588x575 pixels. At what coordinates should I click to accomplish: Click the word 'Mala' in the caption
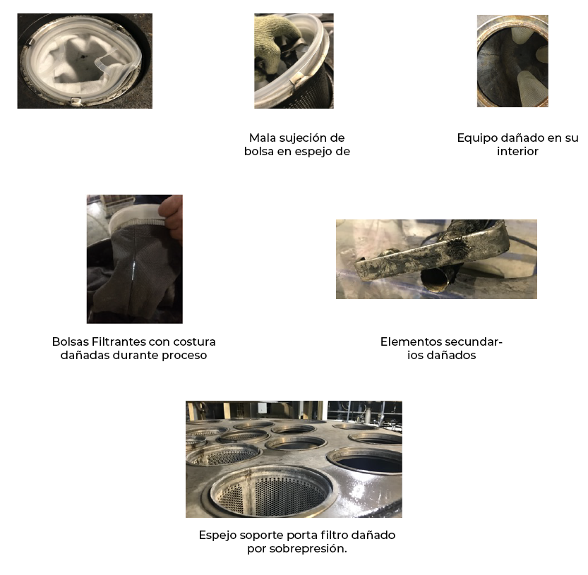click(260, 138)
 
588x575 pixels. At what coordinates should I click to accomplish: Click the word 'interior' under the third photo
click(517, 152)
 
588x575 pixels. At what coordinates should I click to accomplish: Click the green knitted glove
click(275, 35)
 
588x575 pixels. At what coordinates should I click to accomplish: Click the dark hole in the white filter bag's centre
click(80, 57)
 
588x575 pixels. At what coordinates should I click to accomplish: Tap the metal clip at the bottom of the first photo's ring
click(76, 101)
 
